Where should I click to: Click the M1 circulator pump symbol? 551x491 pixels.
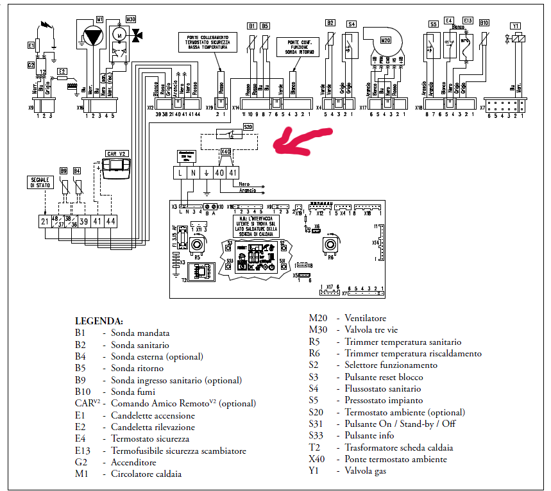click(x=94, y=37)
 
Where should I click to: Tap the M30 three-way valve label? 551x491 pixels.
click(x=131, y=20)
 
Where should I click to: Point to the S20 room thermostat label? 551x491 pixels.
click(x=248, y=127)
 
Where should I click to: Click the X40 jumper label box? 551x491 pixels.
click(x=226, y=153)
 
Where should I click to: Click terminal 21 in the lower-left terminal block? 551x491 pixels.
click(x=44, y=221)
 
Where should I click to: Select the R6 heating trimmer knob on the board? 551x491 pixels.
click(x=331, y=246)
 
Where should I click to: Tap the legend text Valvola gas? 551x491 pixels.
click(x=365, y=471)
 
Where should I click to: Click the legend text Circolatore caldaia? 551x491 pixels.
click(x=146, y=474)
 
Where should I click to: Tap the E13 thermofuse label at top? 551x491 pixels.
click(x=467, y=21)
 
